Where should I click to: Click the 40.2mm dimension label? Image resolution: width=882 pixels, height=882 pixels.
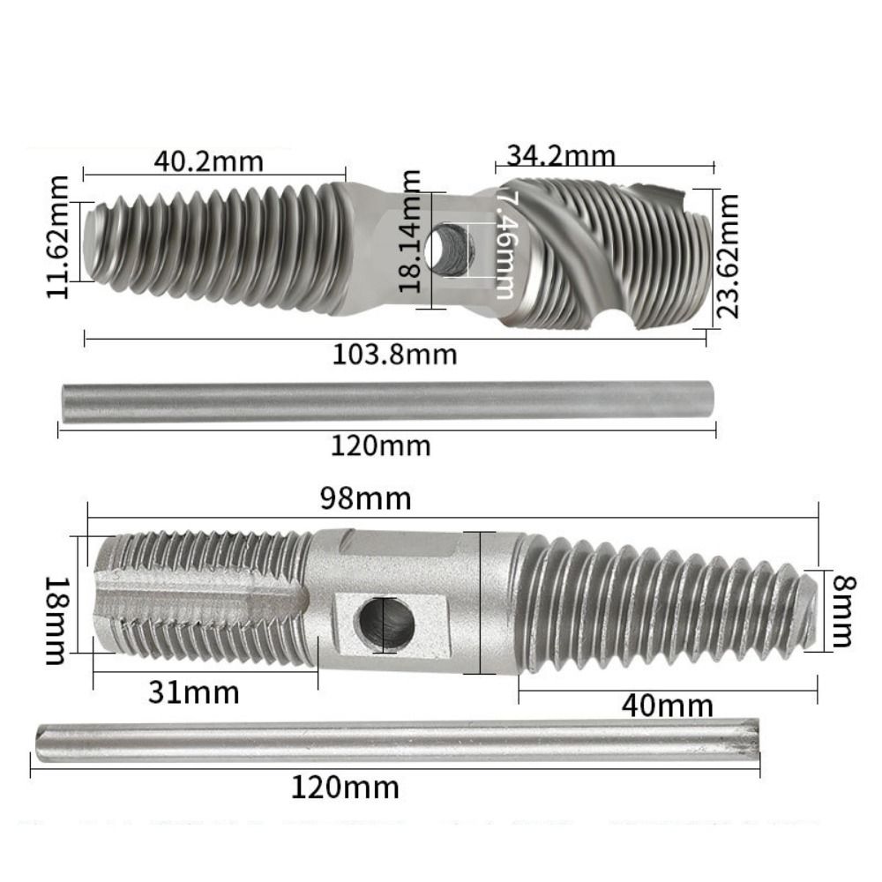[208, 161]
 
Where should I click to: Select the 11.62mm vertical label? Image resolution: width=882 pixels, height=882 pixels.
[60, 238]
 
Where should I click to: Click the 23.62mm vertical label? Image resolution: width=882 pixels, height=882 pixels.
[729, 256]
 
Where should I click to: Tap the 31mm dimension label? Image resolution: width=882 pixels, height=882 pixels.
[193, 693]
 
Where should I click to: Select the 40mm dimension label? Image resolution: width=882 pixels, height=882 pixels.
[667, 706]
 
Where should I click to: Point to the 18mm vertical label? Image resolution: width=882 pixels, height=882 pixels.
[56, 620]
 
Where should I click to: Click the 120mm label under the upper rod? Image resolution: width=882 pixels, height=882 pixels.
[381, 445]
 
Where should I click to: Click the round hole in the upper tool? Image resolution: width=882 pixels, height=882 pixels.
[449, 248]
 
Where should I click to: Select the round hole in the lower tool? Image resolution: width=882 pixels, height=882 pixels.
[385, 624]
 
